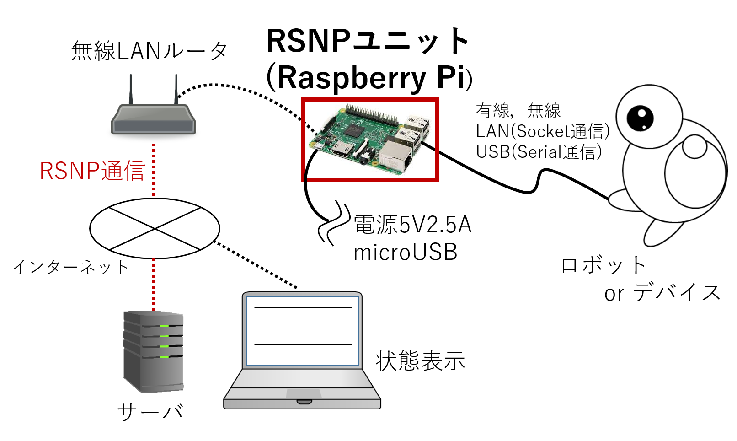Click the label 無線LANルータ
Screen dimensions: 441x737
[x=150, y=51]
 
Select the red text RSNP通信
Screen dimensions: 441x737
[x=92, y=171]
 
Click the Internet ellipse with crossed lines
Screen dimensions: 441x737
[x=155, y=228]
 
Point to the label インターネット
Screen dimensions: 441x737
[x=70, y=267]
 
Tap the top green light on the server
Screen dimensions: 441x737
[x=164, y=326]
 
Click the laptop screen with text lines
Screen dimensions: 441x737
[x=302, y=330]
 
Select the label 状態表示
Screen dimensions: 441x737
[x=420, y=361]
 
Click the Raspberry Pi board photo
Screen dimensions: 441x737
[x=369, y=139]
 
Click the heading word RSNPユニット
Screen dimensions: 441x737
[x=368, y=41]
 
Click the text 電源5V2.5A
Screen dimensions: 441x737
[x=412, y=225]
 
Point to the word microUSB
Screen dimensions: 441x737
[x=405, y=253]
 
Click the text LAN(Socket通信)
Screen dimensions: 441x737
[x=543, y=131]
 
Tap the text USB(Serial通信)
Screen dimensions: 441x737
[x=539, y=152]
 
